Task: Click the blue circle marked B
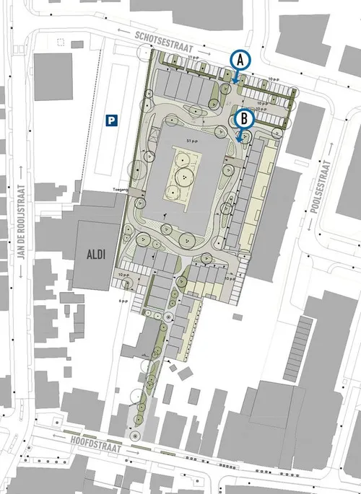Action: pyautogui.click(x=245, y=117)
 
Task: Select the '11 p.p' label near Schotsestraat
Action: pyautogui.click(x=192, y=56)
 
